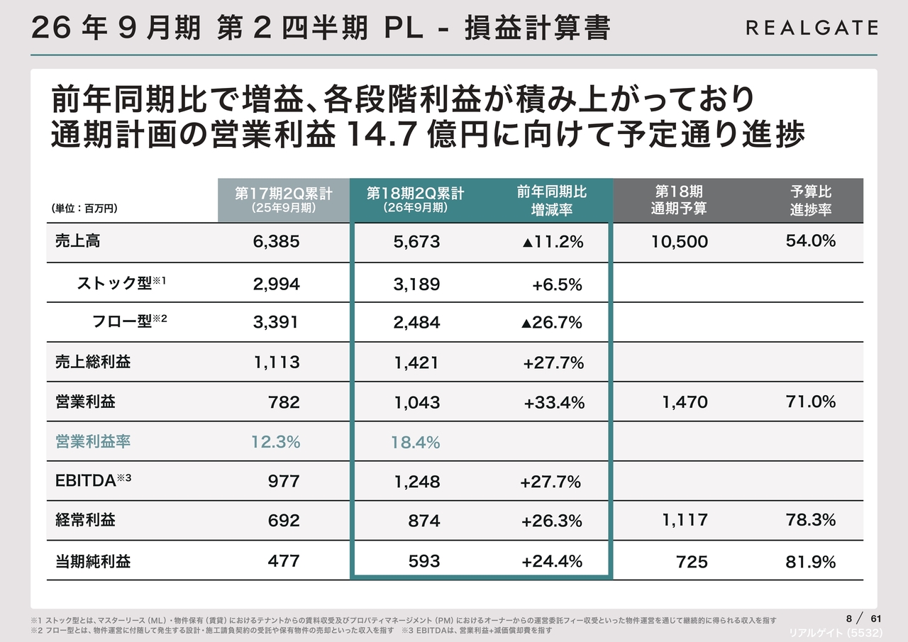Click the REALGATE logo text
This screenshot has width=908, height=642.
click(812, 28)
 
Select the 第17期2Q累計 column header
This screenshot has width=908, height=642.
click(284, 200)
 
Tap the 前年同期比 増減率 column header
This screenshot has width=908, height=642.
click(551, 200)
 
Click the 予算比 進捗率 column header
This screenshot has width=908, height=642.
click(811, 200)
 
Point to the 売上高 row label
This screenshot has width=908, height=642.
click(78, 241)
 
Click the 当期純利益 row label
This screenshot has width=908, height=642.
click(93, 561)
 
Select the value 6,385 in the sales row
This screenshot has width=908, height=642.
click(276, 242)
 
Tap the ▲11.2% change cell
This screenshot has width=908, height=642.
click(552, 242)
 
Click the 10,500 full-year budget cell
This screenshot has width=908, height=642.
click(679, 242)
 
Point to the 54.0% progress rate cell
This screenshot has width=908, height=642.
click(810, 241)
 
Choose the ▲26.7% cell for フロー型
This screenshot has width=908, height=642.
click(551, 323)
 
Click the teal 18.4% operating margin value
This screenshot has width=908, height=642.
click(415, 443)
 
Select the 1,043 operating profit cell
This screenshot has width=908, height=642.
click(417, 402)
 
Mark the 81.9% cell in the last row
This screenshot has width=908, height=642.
click(810, 562)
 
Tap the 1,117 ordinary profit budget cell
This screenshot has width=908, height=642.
click(685, 520)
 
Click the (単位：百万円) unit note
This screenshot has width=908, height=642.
click(84, 209)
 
